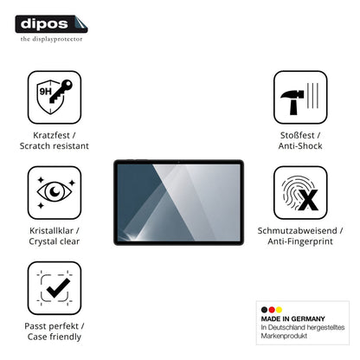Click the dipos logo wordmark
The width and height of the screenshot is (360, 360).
pos(44,24)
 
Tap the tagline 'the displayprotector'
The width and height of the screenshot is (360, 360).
pos(51,39)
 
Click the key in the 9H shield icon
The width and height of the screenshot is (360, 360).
pos(61,91)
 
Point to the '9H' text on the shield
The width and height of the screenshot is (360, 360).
pos(45,92)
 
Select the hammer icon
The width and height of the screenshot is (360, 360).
pos(292,101)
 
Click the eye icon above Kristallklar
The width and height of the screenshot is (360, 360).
pos(55,191)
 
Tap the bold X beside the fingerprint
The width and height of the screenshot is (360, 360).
pos(308,200)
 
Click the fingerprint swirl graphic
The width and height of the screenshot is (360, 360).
pos(296,192)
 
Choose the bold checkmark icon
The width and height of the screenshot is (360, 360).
pos(58,288)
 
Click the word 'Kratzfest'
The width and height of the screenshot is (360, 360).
pos(51,135)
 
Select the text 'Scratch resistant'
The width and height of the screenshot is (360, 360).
pos(55,146)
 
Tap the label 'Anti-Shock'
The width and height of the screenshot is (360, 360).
pos(300,146)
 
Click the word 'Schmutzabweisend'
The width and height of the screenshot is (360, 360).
pos(297,231)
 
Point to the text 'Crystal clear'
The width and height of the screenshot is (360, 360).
pos(55,241)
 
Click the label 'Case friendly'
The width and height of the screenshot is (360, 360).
pos(55,337)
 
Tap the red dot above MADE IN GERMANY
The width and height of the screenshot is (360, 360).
pos(272,310)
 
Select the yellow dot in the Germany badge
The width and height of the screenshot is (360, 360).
pos(279,310)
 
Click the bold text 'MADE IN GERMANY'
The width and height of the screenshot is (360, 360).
pos(292,319)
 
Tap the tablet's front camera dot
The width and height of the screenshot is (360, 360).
pos(179,162)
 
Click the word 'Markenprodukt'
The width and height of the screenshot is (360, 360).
pos(284,336)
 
